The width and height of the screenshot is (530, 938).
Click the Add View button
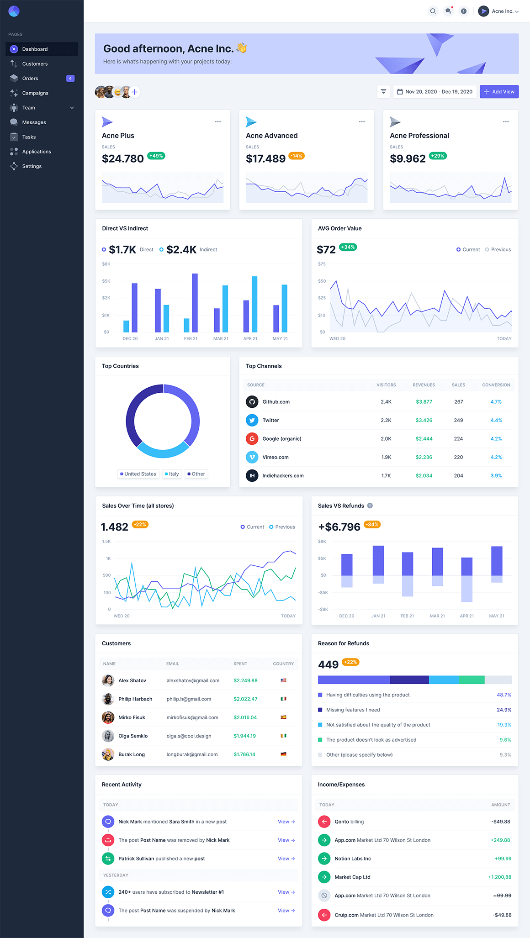pyautogui.click(x=499, y=92)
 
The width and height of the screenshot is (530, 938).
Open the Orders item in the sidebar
pyautogui.click(x=30, y=79)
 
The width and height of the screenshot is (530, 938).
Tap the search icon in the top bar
pyautogui.click(x=433, y=11)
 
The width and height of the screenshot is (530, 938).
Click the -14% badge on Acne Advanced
pyautogui.click(x=297, y=156)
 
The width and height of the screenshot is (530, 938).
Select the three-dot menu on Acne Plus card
pyautogui.click(x=218, y=121)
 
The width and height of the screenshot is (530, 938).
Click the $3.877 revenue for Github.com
pyautogui.click(x=424, y=402)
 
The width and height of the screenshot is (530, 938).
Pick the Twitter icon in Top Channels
pyautogui.click(x=252, y=420)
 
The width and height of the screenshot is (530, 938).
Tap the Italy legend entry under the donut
pyautogui.click(x=172, y=474)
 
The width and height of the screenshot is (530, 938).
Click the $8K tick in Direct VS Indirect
pyautogui.click(x=106, y=264)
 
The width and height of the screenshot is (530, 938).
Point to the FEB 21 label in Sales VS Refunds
pyautogui.click(x=407, y=616)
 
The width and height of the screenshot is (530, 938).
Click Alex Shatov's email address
pyautogui.click(x=193, y=680)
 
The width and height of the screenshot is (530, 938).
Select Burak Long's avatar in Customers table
pyautogui.click(x=108, y=754)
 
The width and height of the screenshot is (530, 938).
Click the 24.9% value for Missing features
pyautogui.click(x=504, y=710)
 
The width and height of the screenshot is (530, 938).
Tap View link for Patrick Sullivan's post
pyautogui.click(x=286, y=859)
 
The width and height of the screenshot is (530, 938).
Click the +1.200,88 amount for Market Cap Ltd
pyautogui.click(x=499, y=877)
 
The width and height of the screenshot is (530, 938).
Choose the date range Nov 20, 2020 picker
pyautogui.click(x=435, y=92)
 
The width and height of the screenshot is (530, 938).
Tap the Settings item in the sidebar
pyautogui.click(x=32, y=166)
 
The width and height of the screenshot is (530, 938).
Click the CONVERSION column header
pyautogui.click(x=496, y=385)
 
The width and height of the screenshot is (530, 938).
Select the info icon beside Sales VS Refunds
pyautogui.click(x=370, y=506)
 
